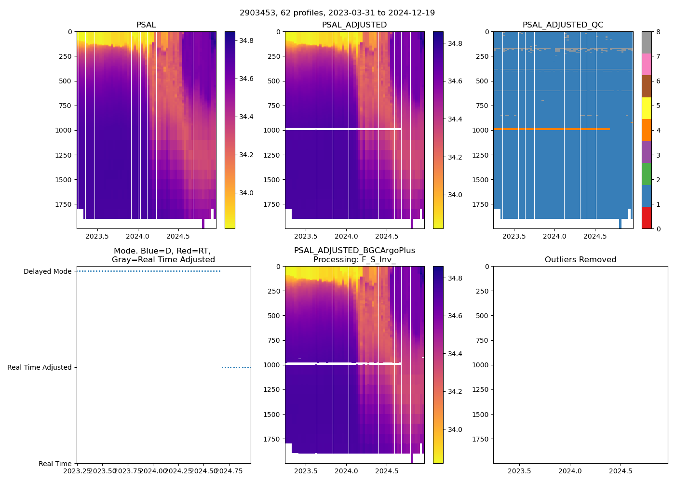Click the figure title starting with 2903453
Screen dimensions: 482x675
pos(337,13)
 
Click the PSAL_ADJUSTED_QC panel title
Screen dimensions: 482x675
pos(563,25)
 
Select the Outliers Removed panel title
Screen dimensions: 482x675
pos(580,260)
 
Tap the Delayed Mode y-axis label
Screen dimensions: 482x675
pos(47,271)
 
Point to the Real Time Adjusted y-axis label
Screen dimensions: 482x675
pos(39,367)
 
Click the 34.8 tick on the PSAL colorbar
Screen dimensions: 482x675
pos(246,40)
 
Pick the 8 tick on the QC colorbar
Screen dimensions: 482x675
pos(658,32)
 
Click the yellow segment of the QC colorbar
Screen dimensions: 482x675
pos(647,108)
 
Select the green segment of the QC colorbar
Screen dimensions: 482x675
pos(647,174)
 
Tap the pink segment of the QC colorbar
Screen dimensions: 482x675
pos(647,65)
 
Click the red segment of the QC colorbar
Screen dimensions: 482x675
pos(647,218)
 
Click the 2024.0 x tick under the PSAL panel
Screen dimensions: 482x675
pos(138,237)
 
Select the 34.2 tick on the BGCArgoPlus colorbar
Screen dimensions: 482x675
pos(455,391)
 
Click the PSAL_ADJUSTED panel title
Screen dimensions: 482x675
pos(354,25)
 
